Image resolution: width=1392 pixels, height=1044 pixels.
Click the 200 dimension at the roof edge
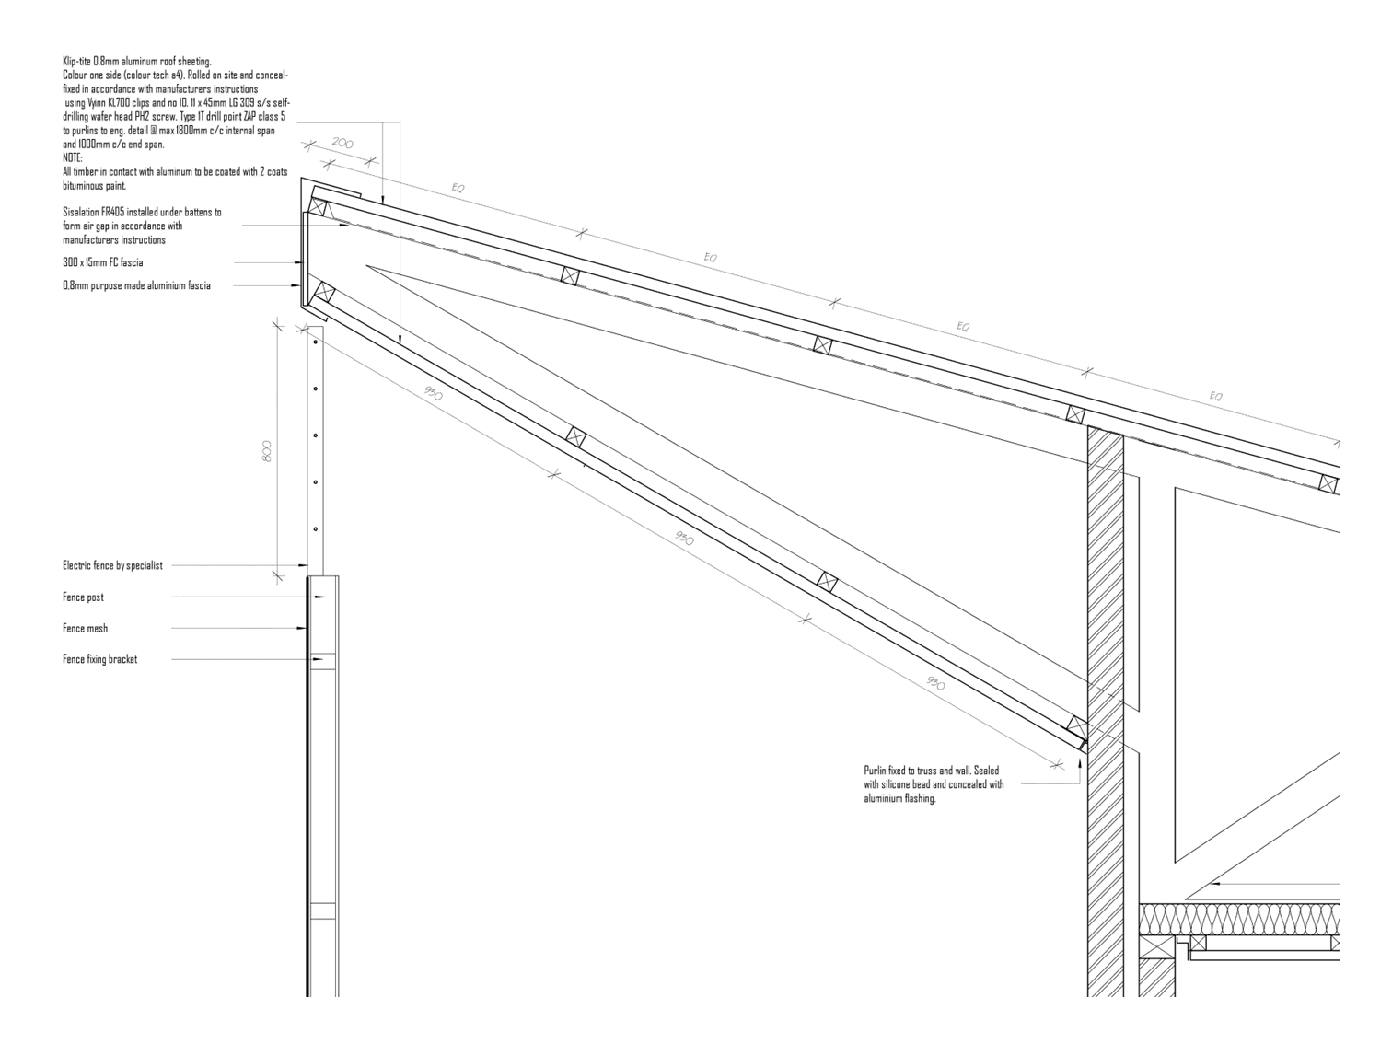click(342, 144)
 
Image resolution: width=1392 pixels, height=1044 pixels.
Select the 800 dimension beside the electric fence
click(267, 451)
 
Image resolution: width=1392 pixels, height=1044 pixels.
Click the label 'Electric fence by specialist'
click(112, 565)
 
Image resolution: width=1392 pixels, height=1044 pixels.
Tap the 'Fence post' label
click(83, 597)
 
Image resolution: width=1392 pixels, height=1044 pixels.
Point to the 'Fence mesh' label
click(85, 628)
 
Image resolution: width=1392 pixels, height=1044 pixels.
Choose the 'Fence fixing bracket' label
click(99, 659)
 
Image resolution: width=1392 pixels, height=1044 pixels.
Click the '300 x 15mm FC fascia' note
click(103, 262)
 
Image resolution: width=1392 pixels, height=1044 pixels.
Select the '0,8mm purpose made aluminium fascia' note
click(136, 286)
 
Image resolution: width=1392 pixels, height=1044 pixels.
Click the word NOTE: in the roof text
click(73, 157)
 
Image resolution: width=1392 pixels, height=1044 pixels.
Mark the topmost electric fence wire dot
click(316, 342)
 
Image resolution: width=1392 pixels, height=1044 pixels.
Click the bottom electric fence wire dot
click(316, 528)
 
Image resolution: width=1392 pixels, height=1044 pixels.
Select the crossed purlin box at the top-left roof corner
click(317, 207)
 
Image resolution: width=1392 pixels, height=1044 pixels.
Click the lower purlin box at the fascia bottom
click(324, 292)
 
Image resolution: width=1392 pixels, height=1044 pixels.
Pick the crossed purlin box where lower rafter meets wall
click(1077, 725)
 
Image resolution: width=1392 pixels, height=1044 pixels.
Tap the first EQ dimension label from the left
click(458, 188)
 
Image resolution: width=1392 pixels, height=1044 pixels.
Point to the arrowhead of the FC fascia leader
click(298, 262)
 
